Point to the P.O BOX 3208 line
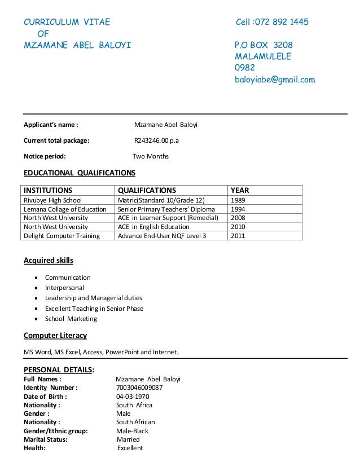click(x=264, y=45)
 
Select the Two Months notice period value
click(x=150, y=156)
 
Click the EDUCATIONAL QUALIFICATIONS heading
click(x=79, y=172)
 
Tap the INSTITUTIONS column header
click(x=47, y=190)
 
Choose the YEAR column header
click(x=240, y=190)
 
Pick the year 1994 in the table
click(x=238, y=209)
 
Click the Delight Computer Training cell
click(x=61, y=236)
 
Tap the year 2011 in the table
click(x=238, y=236)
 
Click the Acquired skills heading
click(x=48, y=260)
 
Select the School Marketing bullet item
click(x=71, y=319)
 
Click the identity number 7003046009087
click(x=139, y=388)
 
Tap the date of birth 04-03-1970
click(x=134, y=396)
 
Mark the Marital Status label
click(x=46, y=439)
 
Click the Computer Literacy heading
click(x=55, y=336)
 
